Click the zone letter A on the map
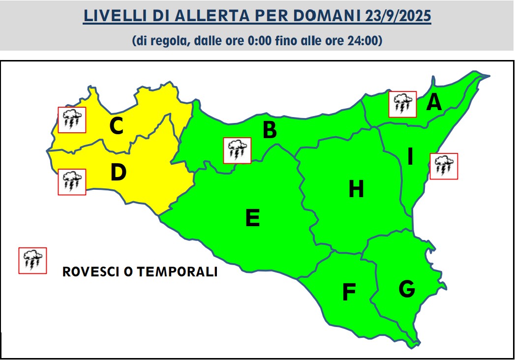434,103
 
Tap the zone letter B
270,131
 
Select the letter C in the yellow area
116,126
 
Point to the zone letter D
119,173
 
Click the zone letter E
252,218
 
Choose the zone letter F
349,292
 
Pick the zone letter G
406,289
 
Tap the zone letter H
356,189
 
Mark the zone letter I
410,157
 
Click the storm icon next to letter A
402,104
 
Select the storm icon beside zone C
72,120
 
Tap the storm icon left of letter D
72,182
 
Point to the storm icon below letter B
237,150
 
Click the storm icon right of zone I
444,166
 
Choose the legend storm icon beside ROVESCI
32,261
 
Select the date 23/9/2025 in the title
398,16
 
